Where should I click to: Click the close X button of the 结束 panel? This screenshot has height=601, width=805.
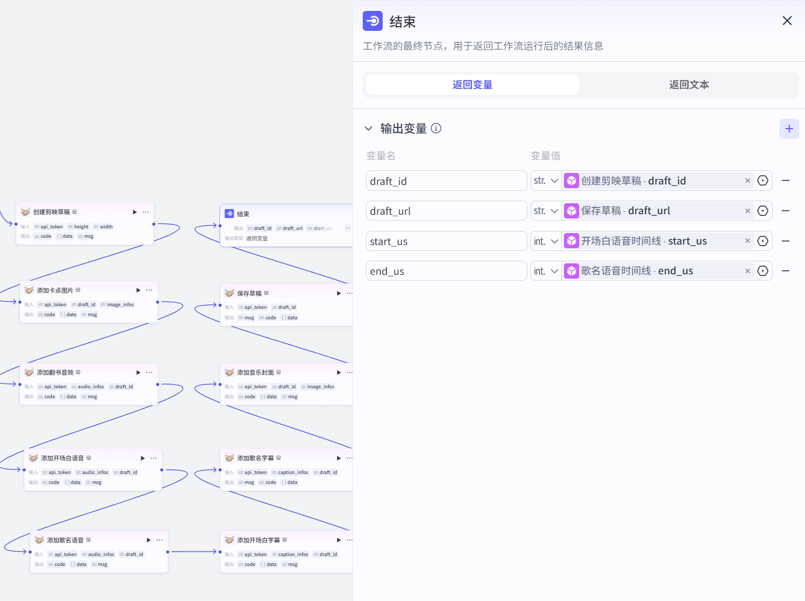(787, 21)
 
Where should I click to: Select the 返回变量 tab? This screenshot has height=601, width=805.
(472, 85)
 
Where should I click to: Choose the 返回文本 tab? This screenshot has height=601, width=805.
(688, 85)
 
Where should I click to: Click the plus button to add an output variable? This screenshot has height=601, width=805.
(789, 129)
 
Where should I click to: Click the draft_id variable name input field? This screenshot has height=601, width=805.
(446, 181)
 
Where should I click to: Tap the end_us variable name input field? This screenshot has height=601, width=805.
(446, 271)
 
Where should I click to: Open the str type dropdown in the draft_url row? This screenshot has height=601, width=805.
(546, 211)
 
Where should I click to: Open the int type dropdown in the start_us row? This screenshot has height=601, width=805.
(546, 241)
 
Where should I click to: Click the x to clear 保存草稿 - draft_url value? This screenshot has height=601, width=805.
(747, 211)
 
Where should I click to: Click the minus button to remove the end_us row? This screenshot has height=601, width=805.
(785, 271)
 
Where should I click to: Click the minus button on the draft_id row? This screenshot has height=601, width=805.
(785, 181)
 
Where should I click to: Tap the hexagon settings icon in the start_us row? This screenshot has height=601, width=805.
(763, 241)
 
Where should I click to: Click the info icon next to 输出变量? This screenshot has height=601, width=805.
(436, 129)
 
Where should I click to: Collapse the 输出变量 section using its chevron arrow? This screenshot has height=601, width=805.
(369, 129)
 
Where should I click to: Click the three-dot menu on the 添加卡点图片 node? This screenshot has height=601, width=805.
(149, 290)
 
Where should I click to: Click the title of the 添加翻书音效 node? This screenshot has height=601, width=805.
(55, 373)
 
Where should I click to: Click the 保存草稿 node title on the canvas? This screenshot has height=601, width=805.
(249, 294)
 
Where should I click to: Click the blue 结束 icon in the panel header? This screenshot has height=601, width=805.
(373, 21)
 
